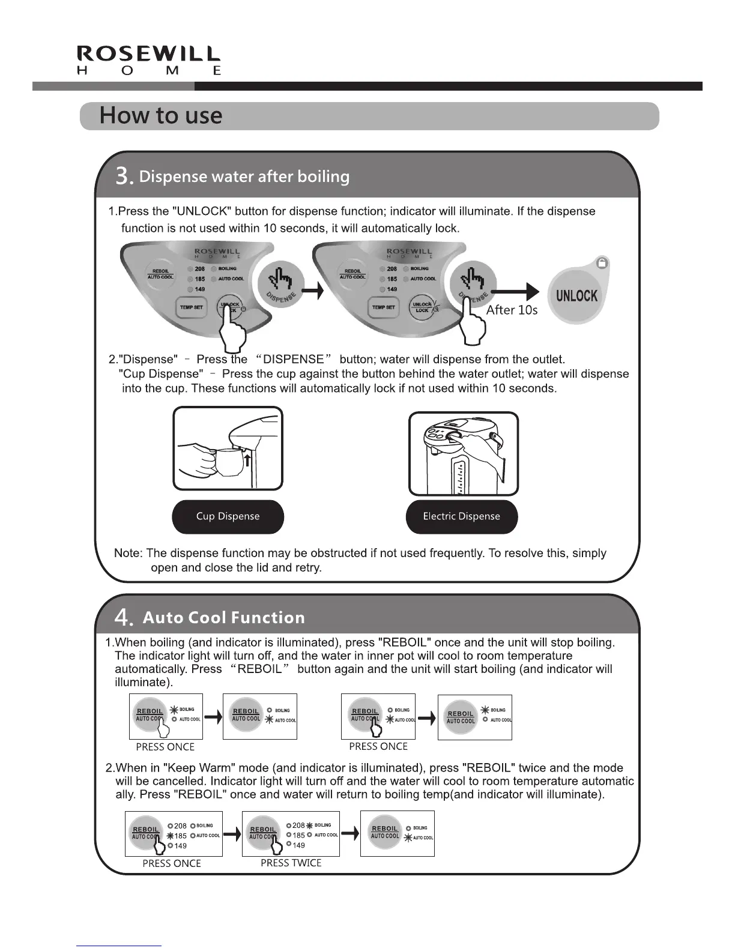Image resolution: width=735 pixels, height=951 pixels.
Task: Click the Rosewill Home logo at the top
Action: [149, 61]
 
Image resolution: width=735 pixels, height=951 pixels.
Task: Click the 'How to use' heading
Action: [161, 115]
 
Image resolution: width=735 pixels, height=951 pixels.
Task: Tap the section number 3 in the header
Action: [123, 177]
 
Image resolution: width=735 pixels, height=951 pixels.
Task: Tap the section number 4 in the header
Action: [123, 618]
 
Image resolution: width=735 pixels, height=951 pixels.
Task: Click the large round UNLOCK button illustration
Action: [576, 295]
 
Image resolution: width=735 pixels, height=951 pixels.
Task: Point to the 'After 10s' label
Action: [512, 310]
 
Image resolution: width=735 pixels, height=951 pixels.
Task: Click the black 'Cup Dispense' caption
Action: [228, 516]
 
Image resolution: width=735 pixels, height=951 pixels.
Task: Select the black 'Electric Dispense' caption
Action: [461, 516]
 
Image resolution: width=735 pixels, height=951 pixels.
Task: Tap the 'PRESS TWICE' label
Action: [291, 863]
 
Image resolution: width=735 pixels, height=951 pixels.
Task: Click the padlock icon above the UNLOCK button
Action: [602, 263]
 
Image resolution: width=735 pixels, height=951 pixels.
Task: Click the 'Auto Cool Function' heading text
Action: [223, 618]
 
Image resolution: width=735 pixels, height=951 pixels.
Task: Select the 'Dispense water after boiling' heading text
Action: [244, 177]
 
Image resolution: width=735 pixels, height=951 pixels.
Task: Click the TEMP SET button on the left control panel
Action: [191, 307]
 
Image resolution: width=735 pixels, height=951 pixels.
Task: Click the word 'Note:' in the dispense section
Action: [128, 553]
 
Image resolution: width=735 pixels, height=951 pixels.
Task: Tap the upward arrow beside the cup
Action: [246, 459]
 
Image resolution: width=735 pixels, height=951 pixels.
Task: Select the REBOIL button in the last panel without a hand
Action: [385, 832]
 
